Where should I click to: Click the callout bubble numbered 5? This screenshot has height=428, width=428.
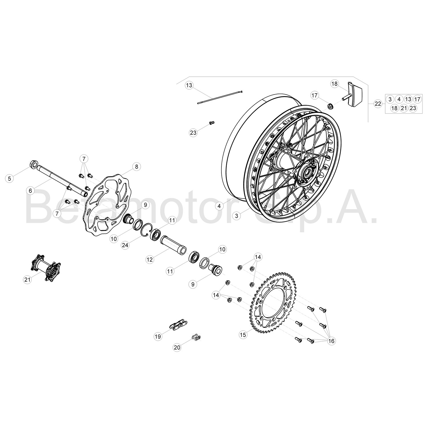point(10,179)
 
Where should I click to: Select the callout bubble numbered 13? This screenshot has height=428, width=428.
point(189,85)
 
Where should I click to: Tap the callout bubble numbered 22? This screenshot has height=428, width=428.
point(378,104)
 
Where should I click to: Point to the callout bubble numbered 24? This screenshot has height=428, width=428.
point(124,246)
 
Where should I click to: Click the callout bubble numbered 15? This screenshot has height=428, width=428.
point(243,335)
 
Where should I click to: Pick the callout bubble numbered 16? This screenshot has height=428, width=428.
point(331,341)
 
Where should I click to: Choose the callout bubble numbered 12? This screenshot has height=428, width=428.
point(150,260)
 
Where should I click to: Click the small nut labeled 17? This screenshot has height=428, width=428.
point(330,106)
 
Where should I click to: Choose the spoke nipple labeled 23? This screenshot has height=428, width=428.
point(211,123)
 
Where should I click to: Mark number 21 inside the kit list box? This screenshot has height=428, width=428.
point(403,108)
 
